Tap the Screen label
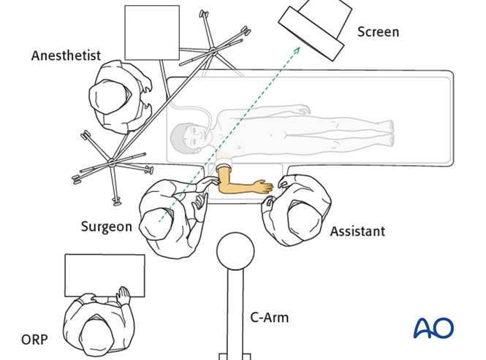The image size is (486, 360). [x=378, y=31]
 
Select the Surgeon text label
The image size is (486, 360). [x=106, y=226]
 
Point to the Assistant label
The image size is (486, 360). [x=357, y=231]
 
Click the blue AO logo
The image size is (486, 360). [x=433, y=328]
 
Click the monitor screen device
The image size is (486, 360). [x=311, y=30]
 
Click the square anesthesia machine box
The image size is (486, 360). [x=152, y=32]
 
